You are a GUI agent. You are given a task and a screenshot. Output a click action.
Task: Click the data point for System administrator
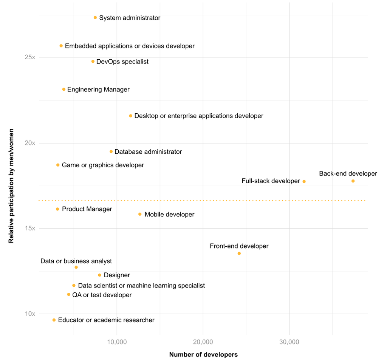tap(95, 18)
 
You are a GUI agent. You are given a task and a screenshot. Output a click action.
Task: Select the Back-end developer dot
tap(353, 181)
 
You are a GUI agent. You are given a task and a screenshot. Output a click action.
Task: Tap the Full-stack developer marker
tap(304, 182)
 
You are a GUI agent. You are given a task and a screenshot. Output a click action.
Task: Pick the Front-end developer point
tap(239, 253)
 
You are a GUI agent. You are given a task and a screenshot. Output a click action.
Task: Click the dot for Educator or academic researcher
tap(54, 320)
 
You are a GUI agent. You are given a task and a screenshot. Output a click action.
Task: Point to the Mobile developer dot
tap(140, 214)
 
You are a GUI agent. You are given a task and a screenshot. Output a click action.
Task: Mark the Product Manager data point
tap(57, 209)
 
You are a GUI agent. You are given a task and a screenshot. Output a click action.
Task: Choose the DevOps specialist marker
tap(93, 62)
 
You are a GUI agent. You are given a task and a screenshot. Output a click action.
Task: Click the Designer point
tap(100, 275)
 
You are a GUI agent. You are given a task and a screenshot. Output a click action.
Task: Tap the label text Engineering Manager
tap(98, 90)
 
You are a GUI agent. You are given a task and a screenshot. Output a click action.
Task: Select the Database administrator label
tap(148, 152)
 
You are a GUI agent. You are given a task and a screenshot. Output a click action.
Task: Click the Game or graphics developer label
tap(103, 165)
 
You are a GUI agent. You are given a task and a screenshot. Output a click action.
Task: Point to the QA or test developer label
tap(102, 295)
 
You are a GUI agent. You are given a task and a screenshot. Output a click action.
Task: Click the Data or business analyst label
tap(76, 261)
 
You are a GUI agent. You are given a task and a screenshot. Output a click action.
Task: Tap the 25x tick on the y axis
tap(30, 57)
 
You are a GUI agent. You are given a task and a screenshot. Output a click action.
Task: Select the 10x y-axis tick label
tap(30, 314)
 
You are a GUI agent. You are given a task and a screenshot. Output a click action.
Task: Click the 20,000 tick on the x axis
tap(203, 342)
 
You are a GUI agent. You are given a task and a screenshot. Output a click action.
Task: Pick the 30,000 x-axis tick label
tap(289, 342)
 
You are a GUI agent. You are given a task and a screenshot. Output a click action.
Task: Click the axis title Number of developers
tap(203, 355)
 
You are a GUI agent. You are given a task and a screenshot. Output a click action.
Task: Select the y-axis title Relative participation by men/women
tap(11, 185)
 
